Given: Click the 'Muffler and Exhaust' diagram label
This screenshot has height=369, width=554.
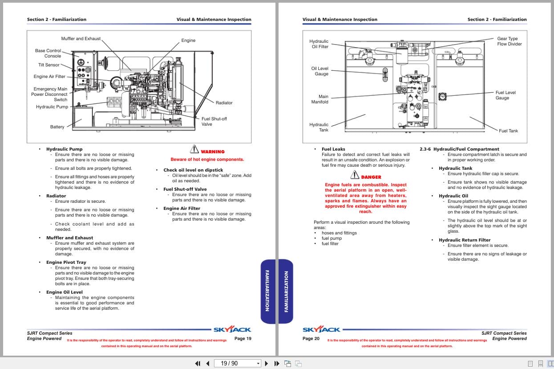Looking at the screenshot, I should (x=81, y=39).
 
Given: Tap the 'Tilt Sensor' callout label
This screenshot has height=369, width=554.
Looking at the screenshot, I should (x=49, y=65).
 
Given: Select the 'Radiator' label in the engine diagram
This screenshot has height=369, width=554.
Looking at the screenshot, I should (x=224, y=103).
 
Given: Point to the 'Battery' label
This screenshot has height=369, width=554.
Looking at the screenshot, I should (x=57, y=127).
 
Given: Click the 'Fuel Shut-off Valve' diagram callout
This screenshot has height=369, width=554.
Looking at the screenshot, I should (x=214, y=122).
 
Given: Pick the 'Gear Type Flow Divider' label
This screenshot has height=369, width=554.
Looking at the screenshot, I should (x=509, y=41).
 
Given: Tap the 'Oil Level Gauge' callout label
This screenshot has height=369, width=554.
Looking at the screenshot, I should (x=319, y=71).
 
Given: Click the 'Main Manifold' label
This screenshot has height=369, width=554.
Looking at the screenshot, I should (x=319, y=99).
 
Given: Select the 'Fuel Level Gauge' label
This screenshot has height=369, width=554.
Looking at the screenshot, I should (x=505, y=95).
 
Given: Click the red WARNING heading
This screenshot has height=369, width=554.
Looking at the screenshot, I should (x=213, y=152).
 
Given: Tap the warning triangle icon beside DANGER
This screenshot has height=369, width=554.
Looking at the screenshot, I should (x=355, y=176).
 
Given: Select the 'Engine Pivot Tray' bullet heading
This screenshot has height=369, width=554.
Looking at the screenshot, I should (x=66, y=262).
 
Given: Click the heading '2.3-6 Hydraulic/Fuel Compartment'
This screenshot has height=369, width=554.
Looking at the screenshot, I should (x=459, y=149).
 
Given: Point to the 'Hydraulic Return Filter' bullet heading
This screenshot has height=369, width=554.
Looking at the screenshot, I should (x=465, y=240).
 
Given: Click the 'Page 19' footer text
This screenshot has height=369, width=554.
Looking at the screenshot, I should (x=243, y=339).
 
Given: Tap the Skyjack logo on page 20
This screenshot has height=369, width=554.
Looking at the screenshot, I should (x=321, y=330).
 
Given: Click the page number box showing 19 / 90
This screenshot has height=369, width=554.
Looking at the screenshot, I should (x=237, y=363).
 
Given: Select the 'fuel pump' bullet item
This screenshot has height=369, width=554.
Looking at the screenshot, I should (x=332, y=238).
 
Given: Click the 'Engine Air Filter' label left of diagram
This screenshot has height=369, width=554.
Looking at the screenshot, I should (x=49, y=77).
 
